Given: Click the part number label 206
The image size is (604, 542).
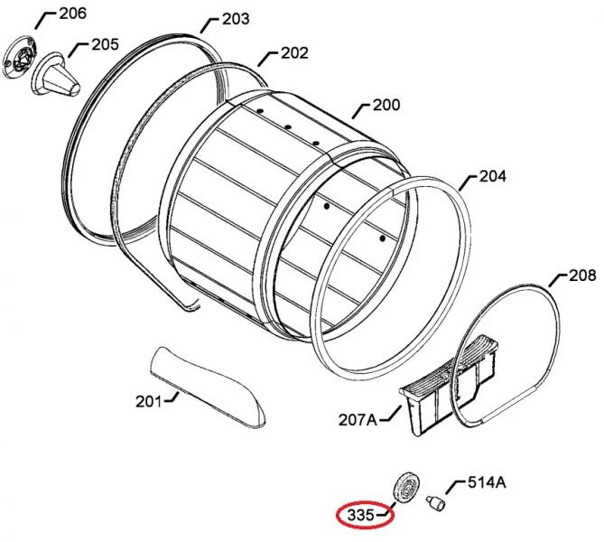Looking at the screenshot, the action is click(x=72, y=14).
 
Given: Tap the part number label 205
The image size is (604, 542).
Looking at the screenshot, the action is click(x=105, y=45).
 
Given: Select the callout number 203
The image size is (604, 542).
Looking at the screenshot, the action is click(x=236, y=19).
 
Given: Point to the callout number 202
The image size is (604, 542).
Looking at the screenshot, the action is click(x=294, y=53).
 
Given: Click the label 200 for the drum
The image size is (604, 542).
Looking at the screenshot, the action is click(x=386, y=105).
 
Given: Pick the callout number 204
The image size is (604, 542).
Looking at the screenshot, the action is click(x=492, y=176).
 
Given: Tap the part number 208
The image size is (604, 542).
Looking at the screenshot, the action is click(x=582, y=276).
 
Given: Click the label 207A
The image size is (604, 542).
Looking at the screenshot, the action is click(x=358, y=420).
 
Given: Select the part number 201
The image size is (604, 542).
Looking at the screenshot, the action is click(x=148, y=402).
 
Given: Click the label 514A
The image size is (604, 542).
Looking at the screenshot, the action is click(x=487, y=482).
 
